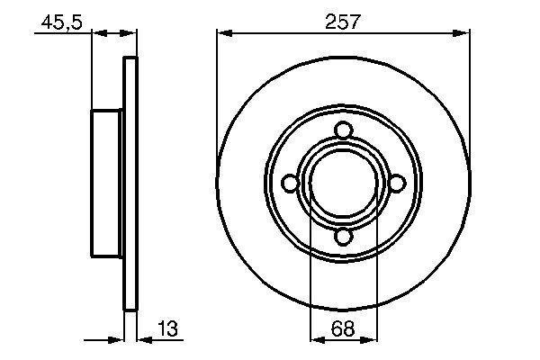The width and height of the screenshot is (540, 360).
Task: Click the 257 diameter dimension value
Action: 342,22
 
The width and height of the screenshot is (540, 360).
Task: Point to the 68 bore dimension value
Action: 343,330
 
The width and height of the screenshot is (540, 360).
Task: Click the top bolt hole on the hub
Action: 342,130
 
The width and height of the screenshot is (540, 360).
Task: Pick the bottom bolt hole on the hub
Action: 342,237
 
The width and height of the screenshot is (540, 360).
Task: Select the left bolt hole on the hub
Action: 289,184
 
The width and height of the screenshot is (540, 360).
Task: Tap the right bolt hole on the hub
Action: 396,184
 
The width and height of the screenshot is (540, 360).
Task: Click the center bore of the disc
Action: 342,184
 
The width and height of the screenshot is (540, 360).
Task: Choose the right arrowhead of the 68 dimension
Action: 369,341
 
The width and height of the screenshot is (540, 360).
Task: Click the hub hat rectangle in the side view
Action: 108,184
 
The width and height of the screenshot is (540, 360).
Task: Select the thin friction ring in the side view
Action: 130,184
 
